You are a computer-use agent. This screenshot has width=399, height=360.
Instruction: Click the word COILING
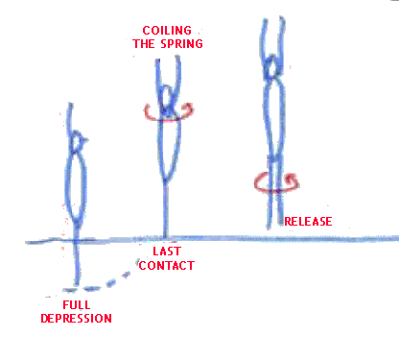point(167,31)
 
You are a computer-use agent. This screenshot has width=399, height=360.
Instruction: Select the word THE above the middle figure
point(144,43)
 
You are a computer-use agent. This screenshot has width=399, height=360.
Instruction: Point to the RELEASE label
point(308,222)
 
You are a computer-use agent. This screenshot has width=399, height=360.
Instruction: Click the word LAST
point(167,252)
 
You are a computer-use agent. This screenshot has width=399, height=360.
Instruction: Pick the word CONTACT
point(167,266)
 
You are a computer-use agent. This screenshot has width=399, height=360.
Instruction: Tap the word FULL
point(77,305)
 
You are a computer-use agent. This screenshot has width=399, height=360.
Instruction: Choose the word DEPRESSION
point(77,319)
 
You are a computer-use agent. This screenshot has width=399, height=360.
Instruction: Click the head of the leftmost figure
point(78,141)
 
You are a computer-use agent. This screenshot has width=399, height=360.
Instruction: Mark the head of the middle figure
point(167,99)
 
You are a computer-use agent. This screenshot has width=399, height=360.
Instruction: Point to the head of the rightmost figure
point(272,66)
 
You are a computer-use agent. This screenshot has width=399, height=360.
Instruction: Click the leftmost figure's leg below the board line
point(77,262)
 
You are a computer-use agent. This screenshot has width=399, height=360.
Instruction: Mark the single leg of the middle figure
point(165,209)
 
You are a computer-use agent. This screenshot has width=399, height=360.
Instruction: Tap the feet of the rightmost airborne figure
point(275,224)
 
